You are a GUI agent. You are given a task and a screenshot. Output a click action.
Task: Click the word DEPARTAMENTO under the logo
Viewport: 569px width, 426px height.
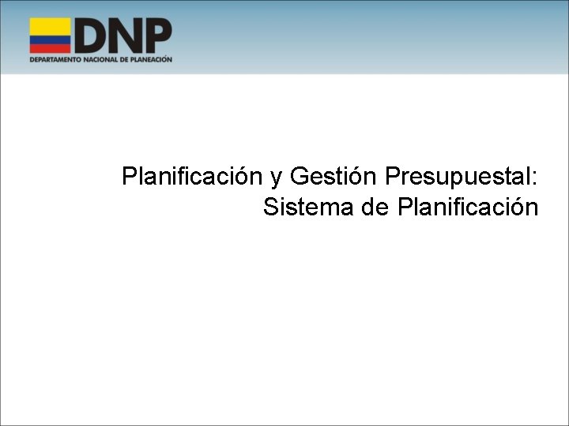[55, 59]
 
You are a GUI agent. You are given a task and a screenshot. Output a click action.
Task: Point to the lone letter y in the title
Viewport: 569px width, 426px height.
[276, 178]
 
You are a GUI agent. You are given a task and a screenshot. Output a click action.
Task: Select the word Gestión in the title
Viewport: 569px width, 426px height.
[333, 176]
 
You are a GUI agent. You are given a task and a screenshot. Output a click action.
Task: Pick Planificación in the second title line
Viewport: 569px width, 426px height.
[469, 207]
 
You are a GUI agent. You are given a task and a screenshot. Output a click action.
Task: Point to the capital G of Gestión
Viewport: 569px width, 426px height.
[300, 176]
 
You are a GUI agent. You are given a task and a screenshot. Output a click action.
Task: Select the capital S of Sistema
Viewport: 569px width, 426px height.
[270, 207]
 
